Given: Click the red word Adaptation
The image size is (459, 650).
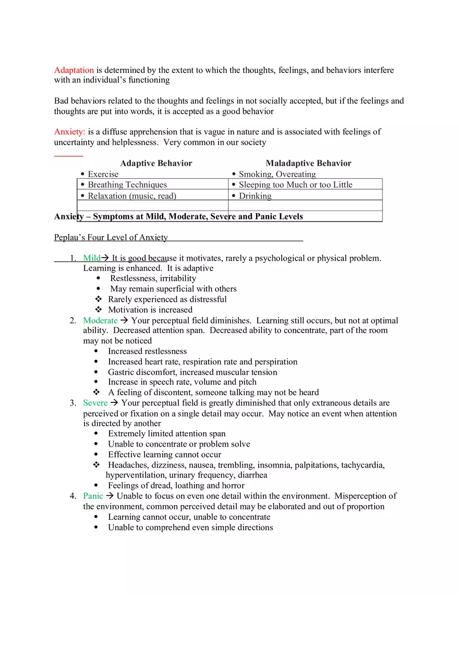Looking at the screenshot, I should (x=74, y=70).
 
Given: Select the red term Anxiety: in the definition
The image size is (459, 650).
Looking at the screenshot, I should (x=69, y=132).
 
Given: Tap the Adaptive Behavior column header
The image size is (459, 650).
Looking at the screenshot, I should (x=156, y=163).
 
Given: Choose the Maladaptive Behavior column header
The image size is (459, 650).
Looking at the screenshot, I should (x=308, y=163).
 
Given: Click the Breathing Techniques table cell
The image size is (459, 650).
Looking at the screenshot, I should (x=127, y=185).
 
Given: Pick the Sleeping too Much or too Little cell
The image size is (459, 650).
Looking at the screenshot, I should (x=295, y=185).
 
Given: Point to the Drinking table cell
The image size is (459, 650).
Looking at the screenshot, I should (x=255, y=196).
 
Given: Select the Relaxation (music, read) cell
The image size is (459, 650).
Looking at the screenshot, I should (x=132, y=196).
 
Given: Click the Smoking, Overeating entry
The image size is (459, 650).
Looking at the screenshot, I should (x=277, y=174).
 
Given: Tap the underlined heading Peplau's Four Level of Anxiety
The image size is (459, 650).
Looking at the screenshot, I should (x=111, y=238).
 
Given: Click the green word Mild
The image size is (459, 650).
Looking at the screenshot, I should (x=92, y=258).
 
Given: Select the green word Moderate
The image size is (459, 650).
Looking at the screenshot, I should (x=100, y=321).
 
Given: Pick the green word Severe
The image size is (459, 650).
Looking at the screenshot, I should (x=95, y=403).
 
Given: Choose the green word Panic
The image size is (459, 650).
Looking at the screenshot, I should (x=93, y=496).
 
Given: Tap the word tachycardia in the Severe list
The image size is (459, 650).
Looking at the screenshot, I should (x=363, y=465).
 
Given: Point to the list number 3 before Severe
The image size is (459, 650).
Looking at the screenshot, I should (x=73, y=403).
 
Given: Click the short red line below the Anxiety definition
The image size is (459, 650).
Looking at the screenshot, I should (x=68, y=155).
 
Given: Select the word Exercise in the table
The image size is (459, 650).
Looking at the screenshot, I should (x=103, y=174).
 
